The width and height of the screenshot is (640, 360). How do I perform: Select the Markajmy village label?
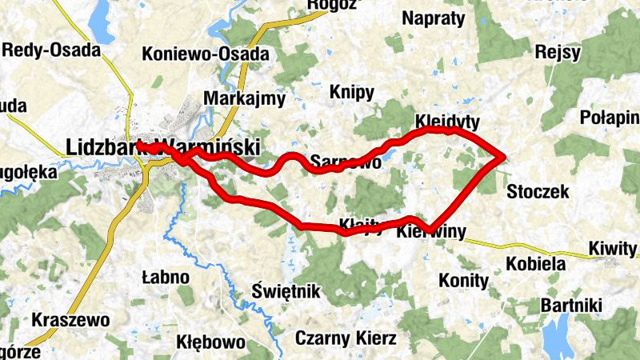(245, 98)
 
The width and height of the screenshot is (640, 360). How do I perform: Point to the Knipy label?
(351, 91)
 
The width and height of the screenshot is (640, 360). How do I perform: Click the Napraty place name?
(434, 18)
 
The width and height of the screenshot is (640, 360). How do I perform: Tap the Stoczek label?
(538, 191)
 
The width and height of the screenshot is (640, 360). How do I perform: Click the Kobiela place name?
(535, 263)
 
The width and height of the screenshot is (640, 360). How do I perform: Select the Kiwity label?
(612, 248)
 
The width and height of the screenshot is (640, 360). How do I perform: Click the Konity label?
(463, 281)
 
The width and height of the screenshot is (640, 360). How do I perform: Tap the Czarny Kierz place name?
(346, 338)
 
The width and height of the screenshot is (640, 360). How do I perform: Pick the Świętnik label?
(285, 289)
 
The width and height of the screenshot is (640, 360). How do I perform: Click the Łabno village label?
(165, 278)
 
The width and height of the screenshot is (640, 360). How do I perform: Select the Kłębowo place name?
(210, 342)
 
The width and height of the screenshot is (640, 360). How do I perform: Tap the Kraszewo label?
(70, 320)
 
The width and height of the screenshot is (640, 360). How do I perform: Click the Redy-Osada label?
(52, 50)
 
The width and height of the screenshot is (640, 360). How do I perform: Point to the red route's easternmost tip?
(505, 158)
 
